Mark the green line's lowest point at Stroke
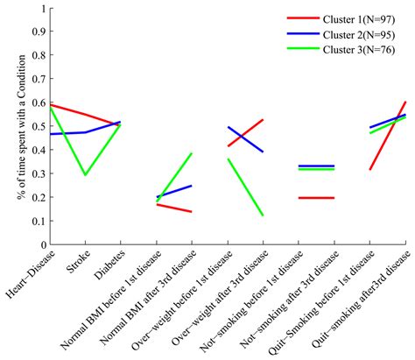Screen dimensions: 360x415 tap(86, 175)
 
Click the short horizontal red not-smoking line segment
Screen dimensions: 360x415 tap(316, 198)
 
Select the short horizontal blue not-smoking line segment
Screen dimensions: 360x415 tap(316, 166)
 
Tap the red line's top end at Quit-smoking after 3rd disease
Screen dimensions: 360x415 tap(405, 102)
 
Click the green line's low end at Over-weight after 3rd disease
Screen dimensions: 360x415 tap(263, 215)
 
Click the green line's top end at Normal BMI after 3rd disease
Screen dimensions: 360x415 tap(192, 153)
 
